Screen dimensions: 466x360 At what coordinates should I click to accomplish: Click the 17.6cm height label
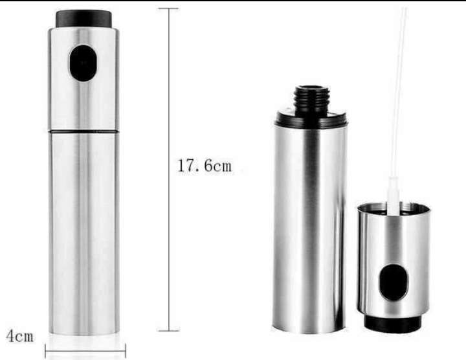coord(204,166)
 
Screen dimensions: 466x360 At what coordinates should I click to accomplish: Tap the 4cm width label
coord(19,336)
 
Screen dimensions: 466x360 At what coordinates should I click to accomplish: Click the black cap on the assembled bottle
coord(83,19)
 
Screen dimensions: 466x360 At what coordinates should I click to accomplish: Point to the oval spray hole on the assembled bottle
coord(83,63)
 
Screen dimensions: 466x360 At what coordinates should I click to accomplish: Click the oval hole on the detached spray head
coord(394,282)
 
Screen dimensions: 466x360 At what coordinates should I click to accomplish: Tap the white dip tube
coord(397,110)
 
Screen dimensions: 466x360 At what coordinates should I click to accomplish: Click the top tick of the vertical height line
coord(168,8)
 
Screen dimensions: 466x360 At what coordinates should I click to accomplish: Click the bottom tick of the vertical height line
coord(168,330)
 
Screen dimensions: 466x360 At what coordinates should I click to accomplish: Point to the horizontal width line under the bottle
coord(85,352)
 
